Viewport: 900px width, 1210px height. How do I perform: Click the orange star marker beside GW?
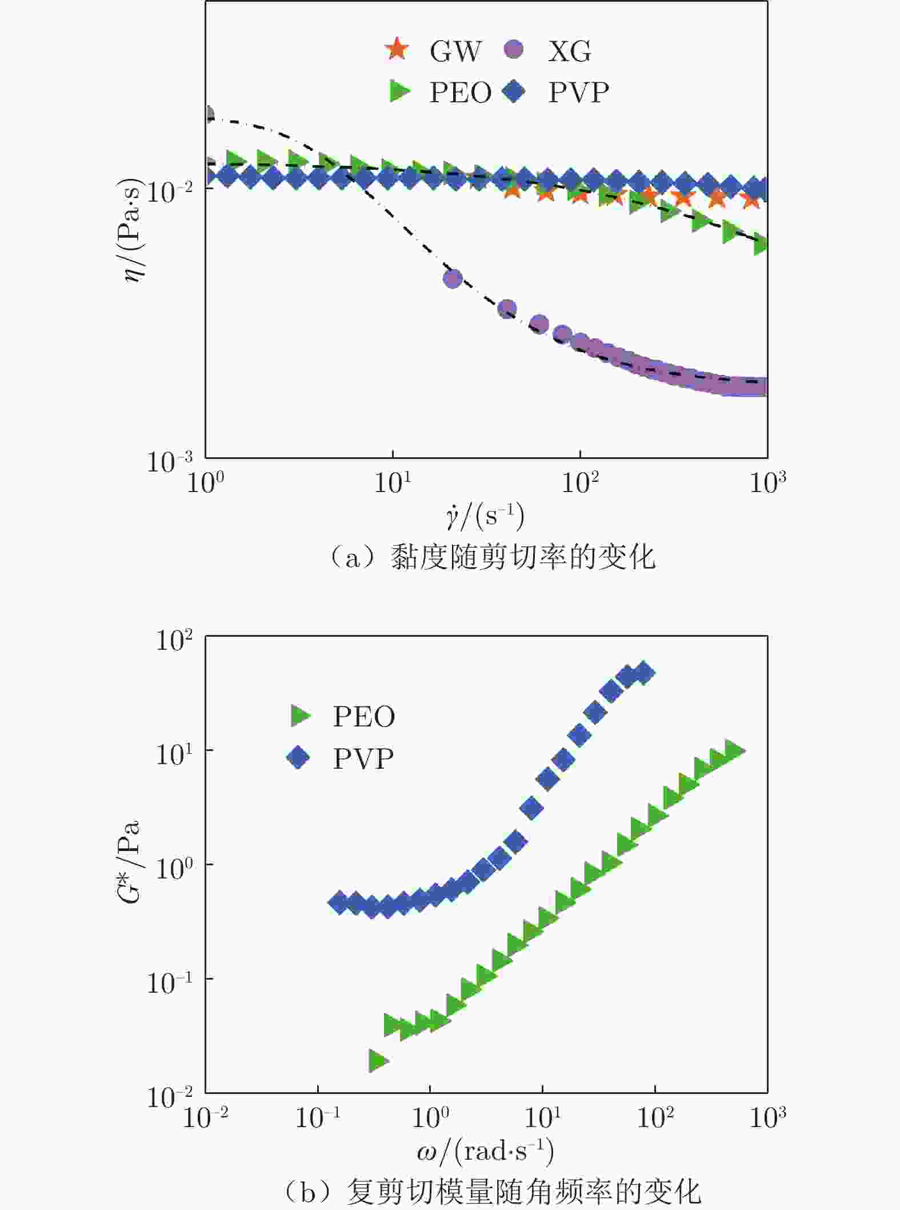(397, 49)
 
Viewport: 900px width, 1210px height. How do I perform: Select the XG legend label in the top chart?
(569, 51)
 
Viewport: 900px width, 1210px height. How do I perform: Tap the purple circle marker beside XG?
(514, 49)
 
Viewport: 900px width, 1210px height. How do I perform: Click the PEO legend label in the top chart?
(460, 92)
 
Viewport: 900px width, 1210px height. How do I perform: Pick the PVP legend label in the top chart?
(578, 92)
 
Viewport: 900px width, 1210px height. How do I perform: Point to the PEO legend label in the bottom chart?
(364, 716)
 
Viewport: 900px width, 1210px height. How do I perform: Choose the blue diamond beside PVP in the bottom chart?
(298, 758)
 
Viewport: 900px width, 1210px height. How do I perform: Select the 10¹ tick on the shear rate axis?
(393, 484)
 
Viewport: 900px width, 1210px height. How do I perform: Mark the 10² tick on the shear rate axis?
(580, 484)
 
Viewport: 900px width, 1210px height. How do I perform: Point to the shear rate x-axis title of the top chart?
(485, 516)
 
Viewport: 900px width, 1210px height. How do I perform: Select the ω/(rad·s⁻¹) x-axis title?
(485, 1152)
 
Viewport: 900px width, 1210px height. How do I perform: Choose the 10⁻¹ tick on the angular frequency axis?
(317, 1118)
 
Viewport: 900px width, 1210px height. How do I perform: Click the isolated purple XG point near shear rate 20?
(453, 279)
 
